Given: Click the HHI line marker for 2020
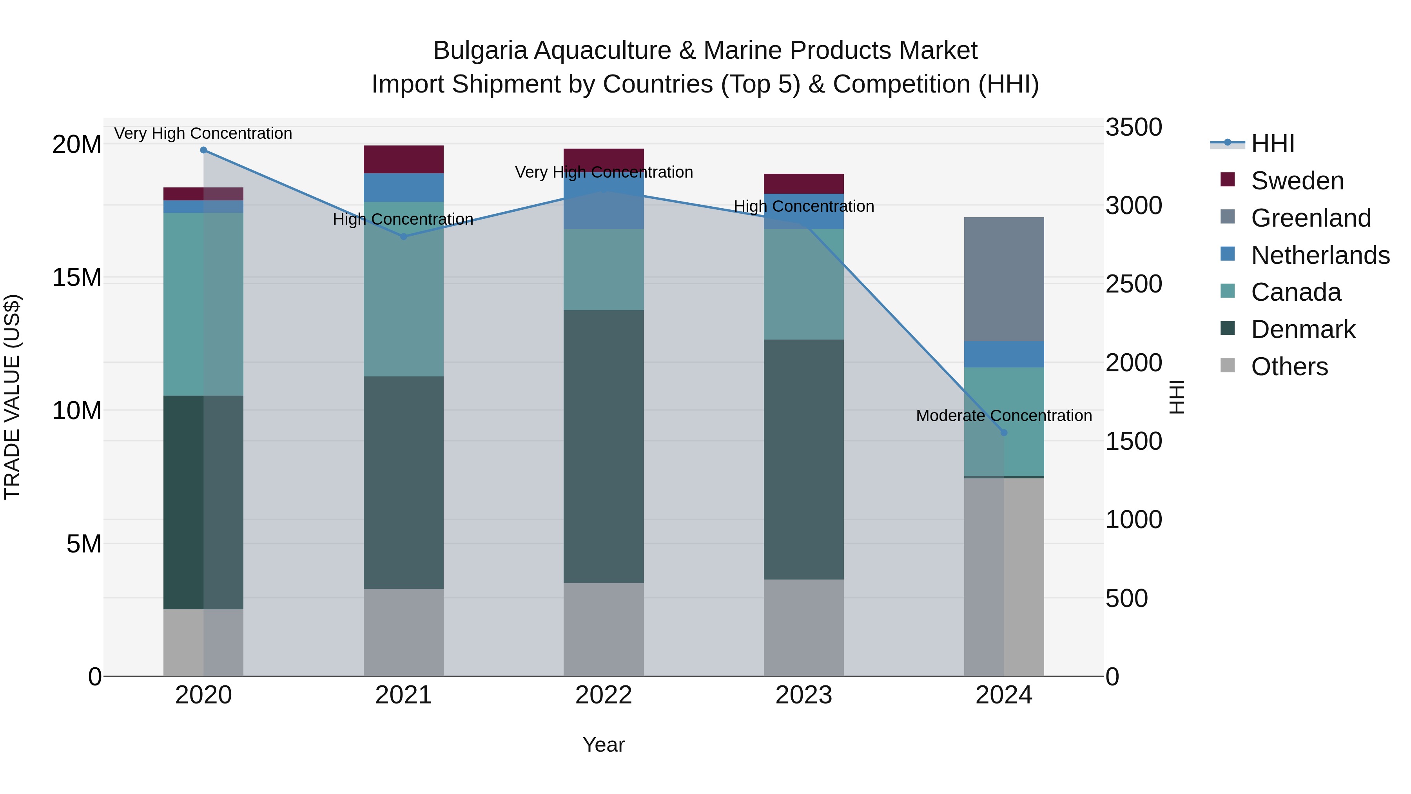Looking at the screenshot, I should point(203,150).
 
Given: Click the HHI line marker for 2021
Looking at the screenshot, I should point(404,237).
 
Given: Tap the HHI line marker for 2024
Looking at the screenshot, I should point(1004,432).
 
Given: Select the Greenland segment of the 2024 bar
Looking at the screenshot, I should point(1004,280).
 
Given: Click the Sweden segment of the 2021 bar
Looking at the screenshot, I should point(404,160).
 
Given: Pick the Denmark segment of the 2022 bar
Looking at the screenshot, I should point(604,447).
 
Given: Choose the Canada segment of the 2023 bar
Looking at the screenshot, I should point(803,284).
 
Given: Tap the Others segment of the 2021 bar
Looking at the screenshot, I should point(404,632).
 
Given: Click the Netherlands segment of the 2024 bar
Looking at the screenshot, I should point(1004,354).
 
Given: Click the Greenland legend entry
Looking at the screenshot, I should point(1311,218).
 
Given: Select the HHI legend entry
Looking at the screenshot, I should point(1272,144).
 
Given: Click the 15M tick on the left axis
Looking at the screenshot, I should point(77,278).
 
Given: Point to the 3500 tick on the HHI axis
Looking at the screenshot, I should point(1133,127).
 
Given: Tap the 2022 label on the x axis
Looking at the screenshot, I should point(604,695).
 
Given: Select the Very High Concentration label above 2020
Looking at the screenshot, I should point(203,133).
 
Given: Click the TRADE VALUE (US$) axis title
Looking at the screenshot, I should point(12,397).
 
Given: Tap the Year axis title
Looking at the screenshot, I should point(604,745).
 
